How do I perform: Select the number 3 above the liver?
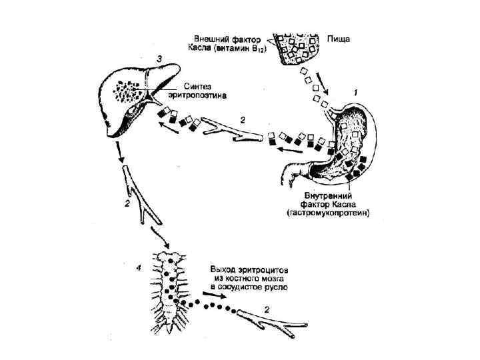(158, 59)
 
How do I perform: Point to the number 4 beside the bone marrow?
(137, 269)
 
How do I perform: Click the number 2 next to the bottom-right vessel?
(267, 309)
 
